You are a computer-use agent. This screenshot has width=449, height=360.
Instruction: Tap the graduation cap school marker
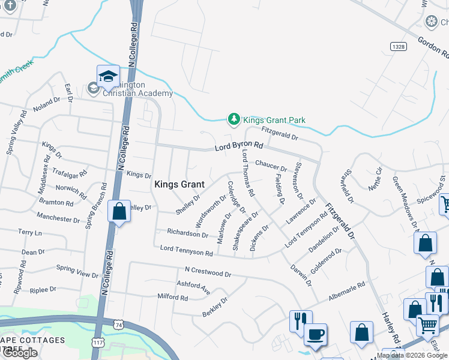[x=107, y=77]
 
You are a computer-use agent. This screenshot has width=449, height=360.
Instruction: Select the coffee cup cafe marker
[x=315, y=335]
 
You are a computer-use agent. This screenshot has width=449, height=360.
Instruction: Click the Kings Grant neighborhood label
[x=179, y=185]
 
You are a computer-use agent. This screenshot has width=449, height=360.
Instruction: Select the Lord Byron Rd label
[x=239, y=146]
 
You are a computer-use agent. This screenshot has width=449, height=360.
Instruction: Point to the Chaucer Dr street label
[x=271, y=164]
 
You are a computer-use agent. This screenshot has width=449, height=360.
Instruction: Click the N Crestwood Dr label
[x=208, y=272]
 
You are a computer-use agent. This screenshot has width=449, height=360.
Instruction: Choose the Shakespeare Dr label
[x=245, y=230]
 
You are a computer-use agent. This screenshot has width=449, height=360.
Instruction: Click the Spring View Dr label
[x=76, y=271]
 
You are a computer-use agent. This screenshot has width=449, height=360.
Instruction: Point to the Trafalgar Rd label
[x=70, y=172]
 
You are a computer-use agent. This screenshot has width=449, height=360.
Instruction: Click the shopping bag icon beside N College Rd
[x=119, y=212]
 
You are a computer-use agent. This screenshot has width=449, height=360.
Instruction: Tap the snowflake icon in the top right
[x=431, y=22]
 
